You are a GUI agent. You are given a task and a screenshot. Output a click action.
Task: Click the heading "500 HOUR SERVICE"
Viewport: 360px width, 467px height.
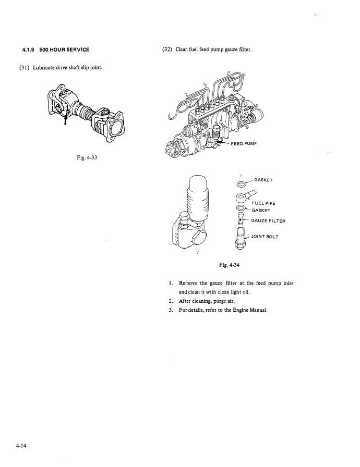click(x=64, y=50)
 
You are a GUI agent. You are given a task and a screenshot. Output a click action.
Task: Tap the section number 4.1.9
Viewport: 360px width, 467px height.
click(x=28, y=50)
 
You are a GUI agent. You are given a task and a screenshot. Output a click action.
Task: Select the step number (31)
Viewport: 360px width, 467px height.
click(x=25, y=67)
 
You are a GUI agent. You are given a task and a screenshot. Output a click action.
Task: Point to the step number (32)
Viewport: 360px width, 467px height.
click(x=167, y=49)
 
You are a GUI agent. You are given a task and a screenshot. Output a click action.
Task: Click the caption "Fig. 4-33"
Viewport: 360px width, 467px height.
click(x=87, y=157)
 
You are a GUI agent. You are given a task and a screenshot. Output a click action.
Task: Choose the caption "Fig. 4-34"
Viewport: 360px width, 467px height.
click(x=230, y=265)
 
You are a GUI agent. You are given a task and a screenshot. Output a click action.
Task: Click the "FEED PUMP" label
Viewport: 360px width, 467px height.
click(x=244, y=143)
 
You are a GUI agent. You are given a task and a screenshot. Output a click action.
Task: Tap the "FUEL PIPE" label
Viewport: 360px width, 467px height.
click(x=263, y=203)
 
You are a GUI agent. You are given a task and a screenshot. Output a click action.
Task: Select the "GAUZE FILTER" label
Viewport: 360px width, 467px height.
click(x=268, y=221)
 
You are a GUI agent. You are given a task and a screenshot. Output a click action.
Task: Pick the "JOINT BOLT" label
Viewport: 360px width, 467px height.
click(x=265, y=237)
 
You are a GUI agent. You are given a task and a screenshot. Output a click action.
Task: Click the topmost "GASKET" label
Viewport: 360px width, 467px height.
click(x=263, y=180)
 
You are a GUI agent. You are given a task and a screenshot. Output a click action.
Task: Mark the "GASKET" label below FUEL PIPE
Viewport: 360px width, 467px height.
click(x=261, y=211)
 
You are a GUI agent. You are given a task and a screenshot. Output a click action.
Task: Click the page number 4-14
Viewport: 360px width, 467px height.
click(x=21, y=446)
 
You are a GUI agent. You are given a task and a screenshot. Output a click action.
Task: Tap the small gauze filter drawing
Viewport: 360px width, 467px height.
click(x=241, y=218)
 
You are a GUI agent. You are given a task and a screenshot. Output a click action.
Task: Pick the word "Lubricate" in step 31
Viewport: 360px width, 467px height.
click(x=43, y=67)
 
